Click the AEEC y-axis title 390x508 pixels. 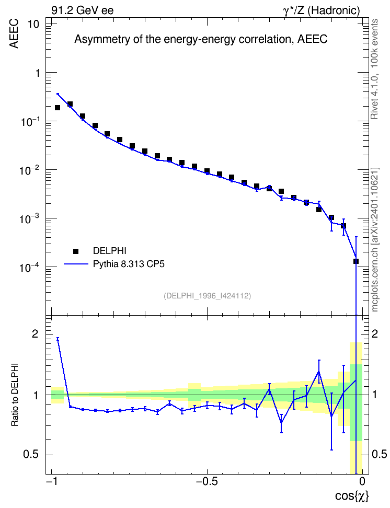click(14, 34)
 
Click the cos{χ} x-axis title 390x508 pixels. click(352, 496)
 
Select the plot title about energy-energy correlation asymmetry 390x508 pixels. click(201, 39)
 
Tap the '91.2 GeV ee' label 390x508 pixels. click(83, 10)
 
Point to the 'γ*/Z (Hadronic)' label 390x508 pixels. click(322, 10)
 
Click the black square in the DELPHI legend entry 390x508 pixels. click(76, 251)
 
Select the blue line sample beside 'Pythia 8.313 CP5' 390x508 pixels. click(76, 264)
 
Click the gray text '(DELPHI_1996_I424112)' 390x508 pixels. click(207, 296)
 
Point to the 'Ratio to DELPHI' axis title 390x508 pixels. click(15, 395)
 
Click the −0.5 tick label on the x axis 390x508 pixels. click(207, 481)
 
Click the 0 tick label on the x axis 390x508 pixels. click(362, 481)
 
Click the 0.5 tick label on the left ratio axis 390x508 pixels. click(31, 455)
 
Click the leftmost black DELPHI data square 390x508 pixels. click(58, 108)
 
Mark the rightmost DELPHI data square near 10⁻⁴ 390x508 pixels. click(356, 261)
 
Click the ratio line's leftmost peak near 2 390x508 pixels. click(58, 339)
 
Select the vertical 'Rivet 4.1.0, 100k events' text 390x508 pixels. click(374, 69)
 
